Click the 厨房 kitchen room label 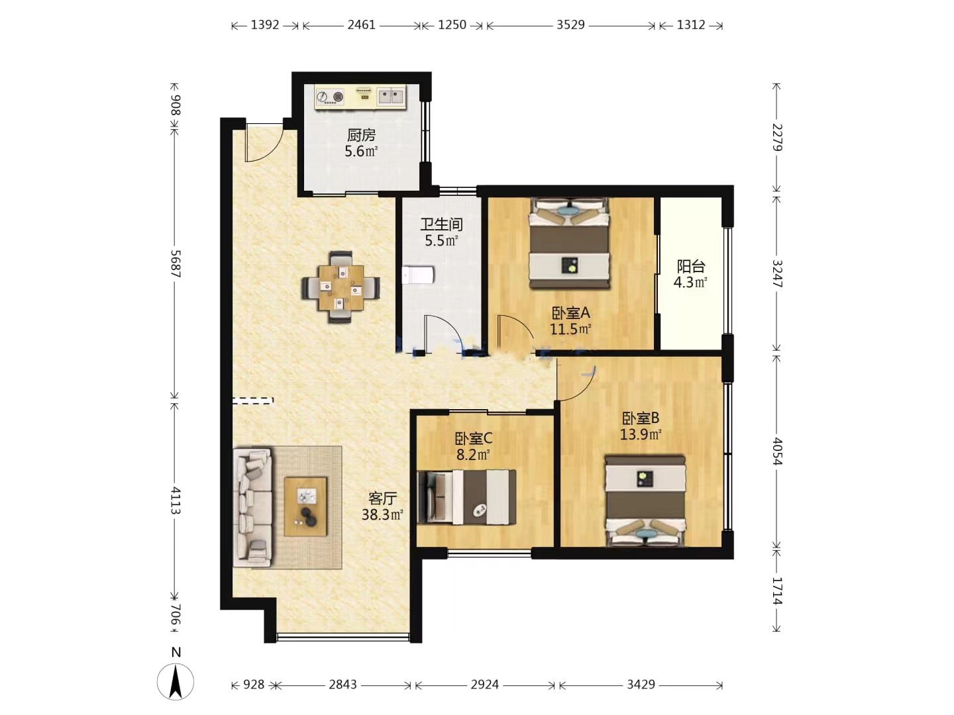pyautogui.click(x=361, y=136)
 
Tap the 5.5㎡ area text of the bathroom pyautogui.click(x=441, y=240)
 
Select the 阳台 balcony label pyautogui.click(x=690, y=266)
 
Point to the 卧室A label pyautogui.click(x=570, y=312)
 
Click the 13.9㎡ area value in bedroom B pyautogui.click(x=640, y=434)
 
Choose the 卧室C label pyautogui.click(x=473, y=438)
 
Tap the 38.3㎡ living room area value pyautogui.click(x=382, y=514)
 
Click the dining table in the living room pyautogui.click(x=341, y=287)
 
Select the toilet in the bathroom pyautogui.click(x=417, y=275)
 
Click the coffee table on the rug pyautogui.click(x=305, y=506)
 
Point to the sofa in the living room pyautogui.click(x=252, y=508)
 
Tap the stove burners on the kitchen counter pyautogui.click(x=329, y=97)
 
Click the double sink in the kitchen pyautogui.click(x=391, y=96)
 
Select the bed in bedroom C pyautogui.click(x=467, y=497)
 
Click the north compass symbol pyautogui.click(x=176, y=681)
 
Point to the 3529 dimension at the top pyautogui.click(x=570, y=24)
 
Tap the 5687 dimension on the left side pyautogui.click(x=175, y=263)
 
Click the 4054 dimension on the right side pyautogui.click(x=777, y=452)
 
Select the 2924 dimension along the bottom pyautogui.click(x=484, y=685)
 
